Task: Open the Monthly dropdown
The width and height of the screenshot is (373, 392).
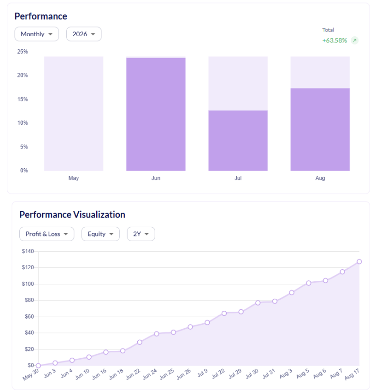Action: [x=37, y=34]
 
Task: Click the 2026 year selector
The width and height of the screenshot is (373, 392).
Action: [x=84, y=34]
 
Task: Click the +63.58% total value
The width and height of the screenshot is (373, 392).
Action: [x=334, y=41]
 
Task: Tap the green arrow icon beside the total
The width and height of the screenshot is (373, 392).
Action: [x=355, y=40]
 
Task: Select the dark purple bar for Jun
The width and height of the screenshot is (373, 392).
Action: [x=156, y=114]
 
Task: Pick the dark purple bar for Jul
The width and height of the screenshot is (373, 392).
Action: [x=238, y=141]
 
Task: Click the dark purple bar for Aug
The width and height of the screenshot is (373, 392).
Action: [x=320, y=130]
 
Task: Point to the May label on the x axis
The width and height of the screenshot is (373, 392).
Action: [x=74, y=178]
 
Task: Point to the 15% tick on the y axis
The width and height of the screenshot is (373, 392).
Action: [x=23, y=99]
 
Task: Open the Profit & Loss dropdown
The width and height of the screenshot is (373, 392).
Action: [x=47, y=234]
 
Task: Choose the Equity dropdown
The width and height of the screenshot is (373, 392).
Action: [x=100, y=234]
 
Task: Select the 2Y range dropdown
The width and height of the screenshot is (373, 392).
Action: [x=141, y=234]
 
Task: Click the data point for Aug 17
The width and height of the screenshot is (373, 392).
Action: [x=359, y=262]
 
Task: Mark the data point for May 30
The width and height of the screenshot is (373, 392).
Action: [x=38, y=366]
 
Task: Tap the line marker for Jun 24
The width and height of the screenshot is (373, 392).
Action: [x=157, y=334]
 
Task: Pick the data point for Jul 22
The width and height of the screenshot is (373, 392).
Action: [x=224, y=313]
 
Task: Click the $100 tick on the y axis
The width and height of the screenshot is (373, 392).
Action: [x=28, y=284]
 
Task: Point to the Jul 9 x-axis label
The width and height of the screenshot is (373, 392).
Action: [x=202, y=373]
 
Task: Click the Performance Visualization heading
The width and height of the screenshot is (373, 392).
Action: [x=72, y=215]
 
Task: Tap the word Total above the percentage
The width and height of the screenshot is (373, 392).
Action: [x=328, y=30]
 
